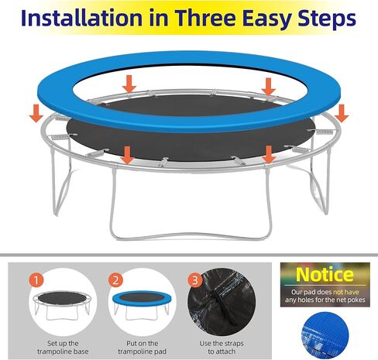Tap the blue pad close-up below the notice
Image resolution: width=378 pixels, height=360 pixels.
point(334,333)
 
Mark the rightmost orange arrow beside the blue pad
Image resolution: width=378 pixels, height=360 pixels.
point(342,114)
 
